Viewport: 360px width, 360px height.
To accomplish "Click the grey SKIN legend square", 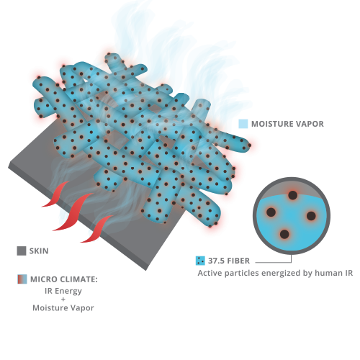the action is click(22, 251).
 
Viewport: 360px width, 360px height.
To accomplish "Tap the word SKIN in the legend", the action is click(39, 251).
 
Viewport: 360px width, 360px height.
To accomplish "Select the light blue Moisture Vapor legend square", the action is click(243, 124).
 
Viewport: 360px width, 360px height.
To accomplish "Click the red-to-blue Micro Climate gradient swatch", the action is click(22, 279).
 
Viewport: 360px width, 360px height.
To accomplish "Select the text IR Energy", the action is click(63, 291).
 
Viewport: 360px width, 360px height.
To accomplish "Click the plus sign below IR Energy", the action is click(63, 300).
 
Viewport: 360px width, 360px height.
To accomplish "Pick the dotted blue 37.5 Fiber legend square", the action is click(200, 261).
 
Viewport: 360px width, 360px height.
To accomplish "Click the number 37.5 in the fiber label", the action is click(216, 261).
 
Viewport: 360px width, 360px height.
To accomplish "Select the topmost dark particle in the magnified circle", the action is click(292, 195).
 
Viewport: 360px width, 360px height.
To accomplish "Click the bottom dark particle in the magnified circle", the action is click(284, 234).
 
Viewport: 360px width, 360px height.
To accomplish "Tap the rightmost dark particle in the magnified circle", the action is click(311, 216).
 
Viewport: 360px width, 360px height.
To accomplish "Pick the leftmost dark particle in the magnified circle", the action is click(271, 212).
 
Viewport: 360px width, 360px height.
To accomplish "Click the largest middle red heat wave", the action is click(72, 212).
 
